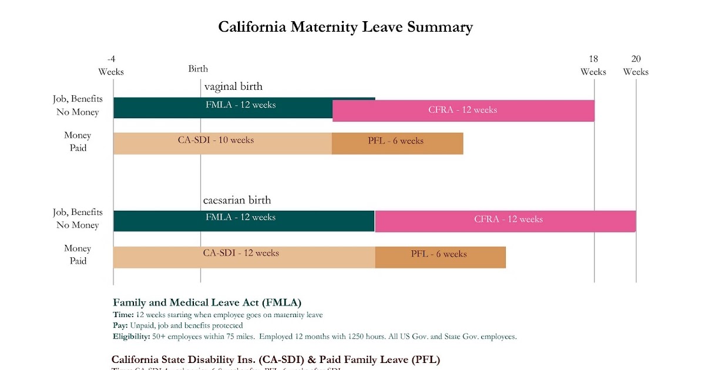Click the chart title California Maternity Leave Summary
[345, 27]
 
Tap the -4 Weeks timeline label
[111, 65]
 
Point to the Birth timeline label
[198, 69]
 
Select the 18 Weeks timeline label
[593, 65]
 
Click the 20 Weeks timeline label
[636, 65]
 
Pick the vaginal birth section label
[233, 87]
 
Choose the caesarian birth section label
[237, 200]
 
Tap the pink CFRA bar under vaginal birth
[463, 110]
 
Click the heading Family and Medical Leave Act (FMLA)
[207, 302]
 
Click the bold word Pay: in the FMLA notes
[120, 325]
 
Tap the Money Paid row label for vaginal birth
[78, 142]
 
